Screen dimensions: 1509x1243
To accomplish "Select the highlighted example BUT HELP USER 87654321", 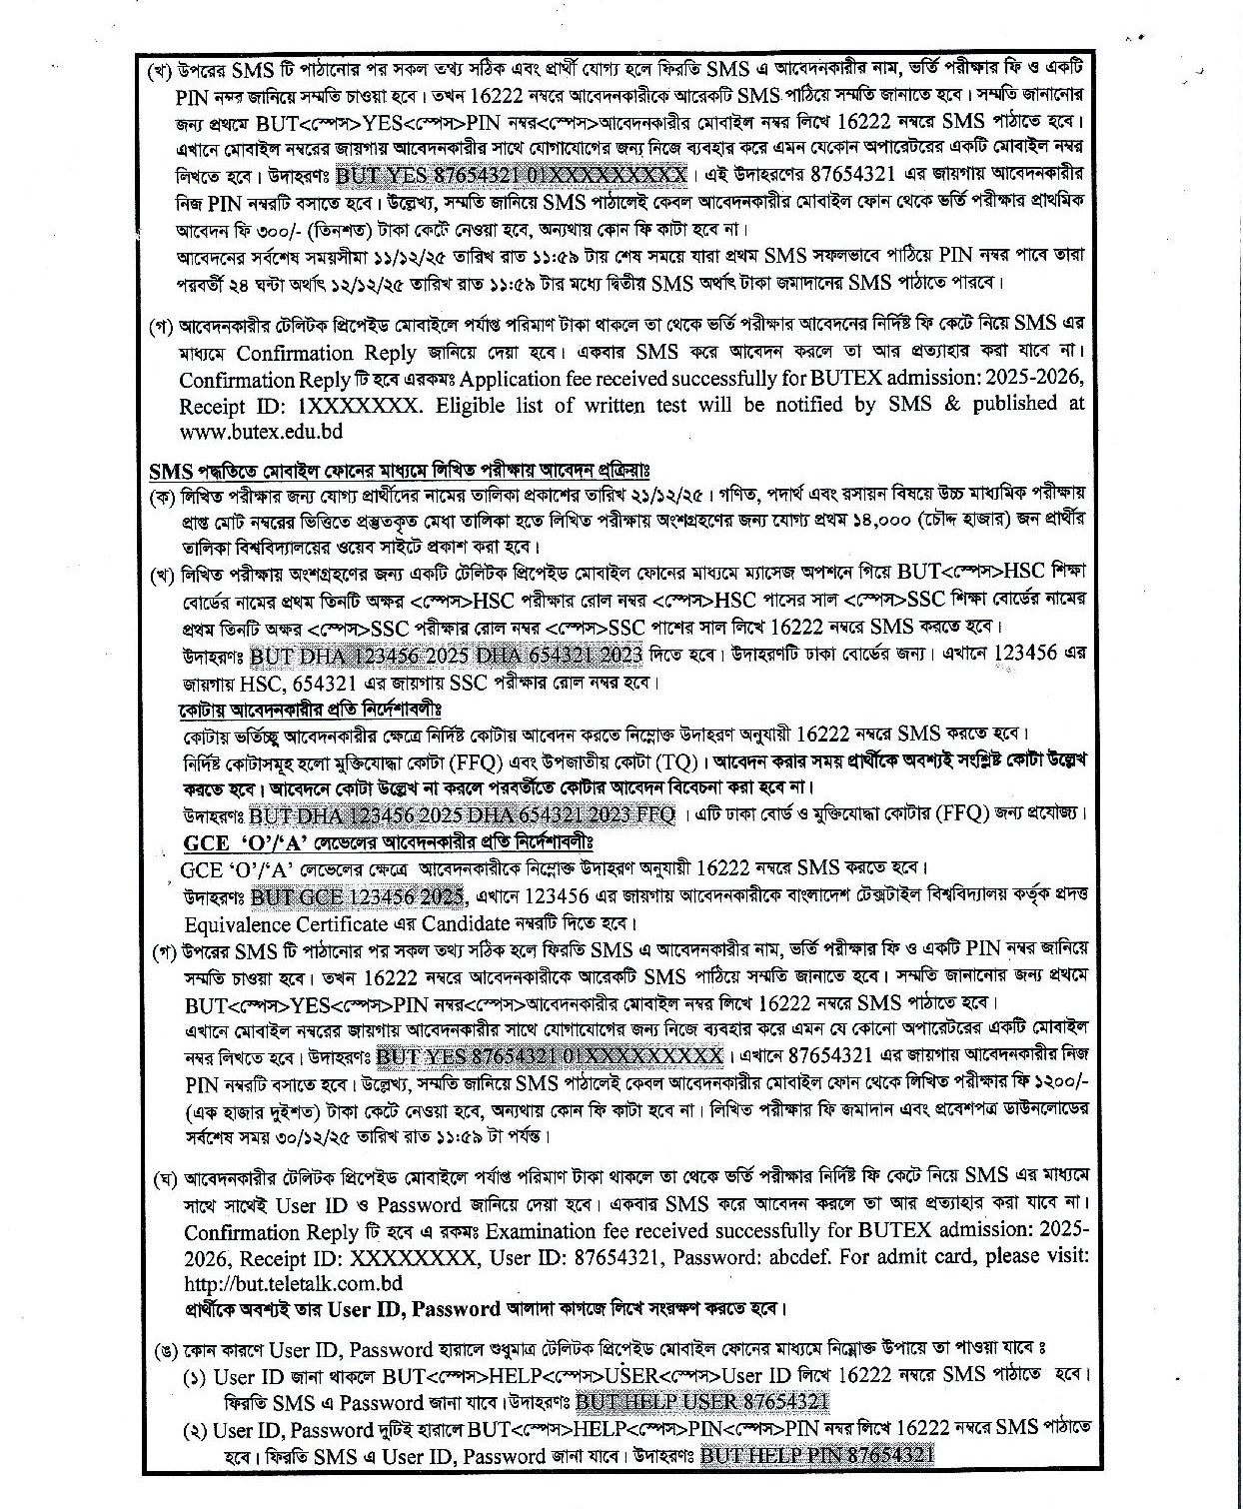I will pyautogui.click(x=702, y=1401).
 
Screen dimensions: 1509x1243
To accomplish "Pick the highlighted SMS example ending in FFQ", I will pyautogui.click(x=462, y=813).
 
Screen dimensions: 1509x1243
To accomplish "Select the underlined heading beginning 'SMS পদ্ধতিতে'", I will pyautogui.click(x=399, y=470).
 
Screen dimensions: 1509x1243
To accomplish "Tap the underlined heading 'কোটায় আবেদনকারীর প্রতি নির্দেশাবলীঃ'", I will pyautogui.click(x=309, y=710).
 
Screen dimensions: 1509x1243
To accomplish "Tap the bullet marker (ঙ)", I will pyautogui.click(x=165, y=1350).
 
